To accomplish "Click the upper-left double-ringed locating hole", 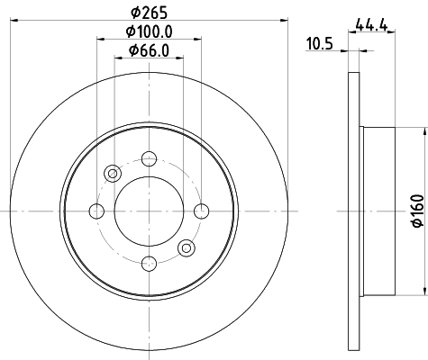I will coord(113,174).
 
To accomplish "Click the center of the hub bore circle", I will coord(149,211).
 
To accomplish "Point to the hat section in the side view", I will coord(376,211).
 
